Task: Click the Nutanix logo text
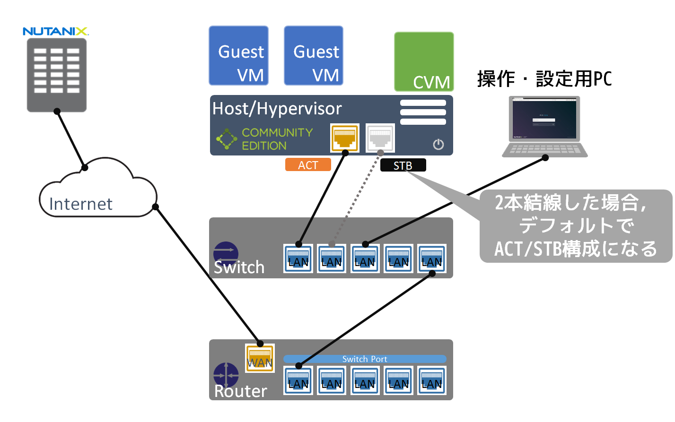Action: pyautogui.click(x=55, y=32)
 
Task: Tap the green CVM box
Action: pyautogui.click(x=424, y=61)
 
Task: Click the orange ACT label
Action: pyautogui.click(x=308, y=165)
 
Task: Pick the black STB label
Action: pyautogui.click(x=403, y=165)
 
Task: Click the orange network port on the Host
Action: pyautogui.click(x=344, y=138)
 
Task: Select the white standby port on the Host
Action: pyautogui.click(x=380, y=138)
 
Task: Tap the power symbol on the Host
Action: pyautogui.click(x=438, y=144)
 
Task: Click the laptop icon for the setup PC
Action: pyautogui.click(x=544, y=126)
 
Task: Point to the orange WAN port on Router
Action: pyautogui.click(x=260, y=358)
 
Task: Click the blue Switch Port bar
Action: pyautogui.click(x=365, y=359)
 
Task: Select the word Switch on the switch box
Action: pyautogui.click(x=239, y=267)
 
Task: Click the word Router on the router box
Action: pyautogui.click(x=240, y=391)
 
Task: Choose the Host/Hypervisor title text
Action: pyautogui.click(x=277, y=109)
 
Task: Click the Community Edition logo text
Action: pyautogui.click(x=277, y=139)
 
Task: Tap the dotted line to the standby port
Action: pyautogui.click(x=356, y=198)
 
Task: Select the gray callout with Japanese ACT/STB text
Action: pyautogui.click(x=576, y=226)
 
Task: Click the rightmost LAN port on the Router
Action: pyautogui.click(x=432, y=380)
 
